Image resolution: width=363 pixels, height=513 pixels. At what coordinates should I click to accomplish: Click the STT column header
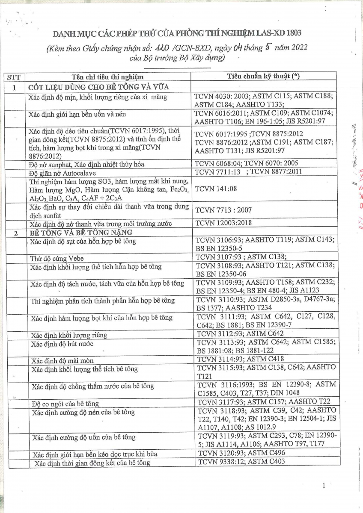coord(14,77)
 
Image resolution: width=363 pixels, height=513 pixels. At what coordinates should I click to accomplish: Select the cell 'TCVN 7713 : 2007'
coord(223,210)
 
